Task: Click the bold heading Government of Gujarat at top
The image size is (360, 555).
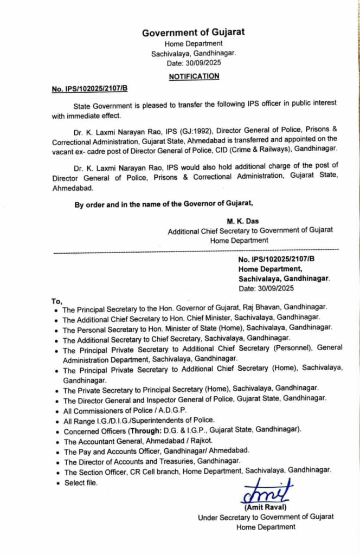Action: (x=193, y=33)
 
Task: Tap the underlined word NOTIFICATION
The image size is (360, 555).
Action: (x=194, y=76)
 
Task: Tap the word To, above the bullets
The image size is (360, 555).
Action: (x=57, y=301)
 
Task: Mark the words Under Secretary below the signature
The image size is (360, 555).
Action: (x=224, y=518)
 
